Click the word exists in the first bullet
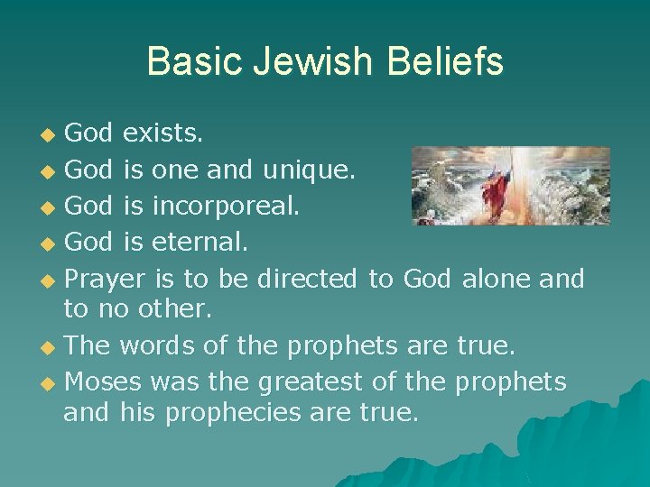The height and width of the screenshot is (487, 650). [x=162, y=134]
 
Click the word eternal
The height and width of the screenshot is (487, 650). [x=202, y=243]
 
